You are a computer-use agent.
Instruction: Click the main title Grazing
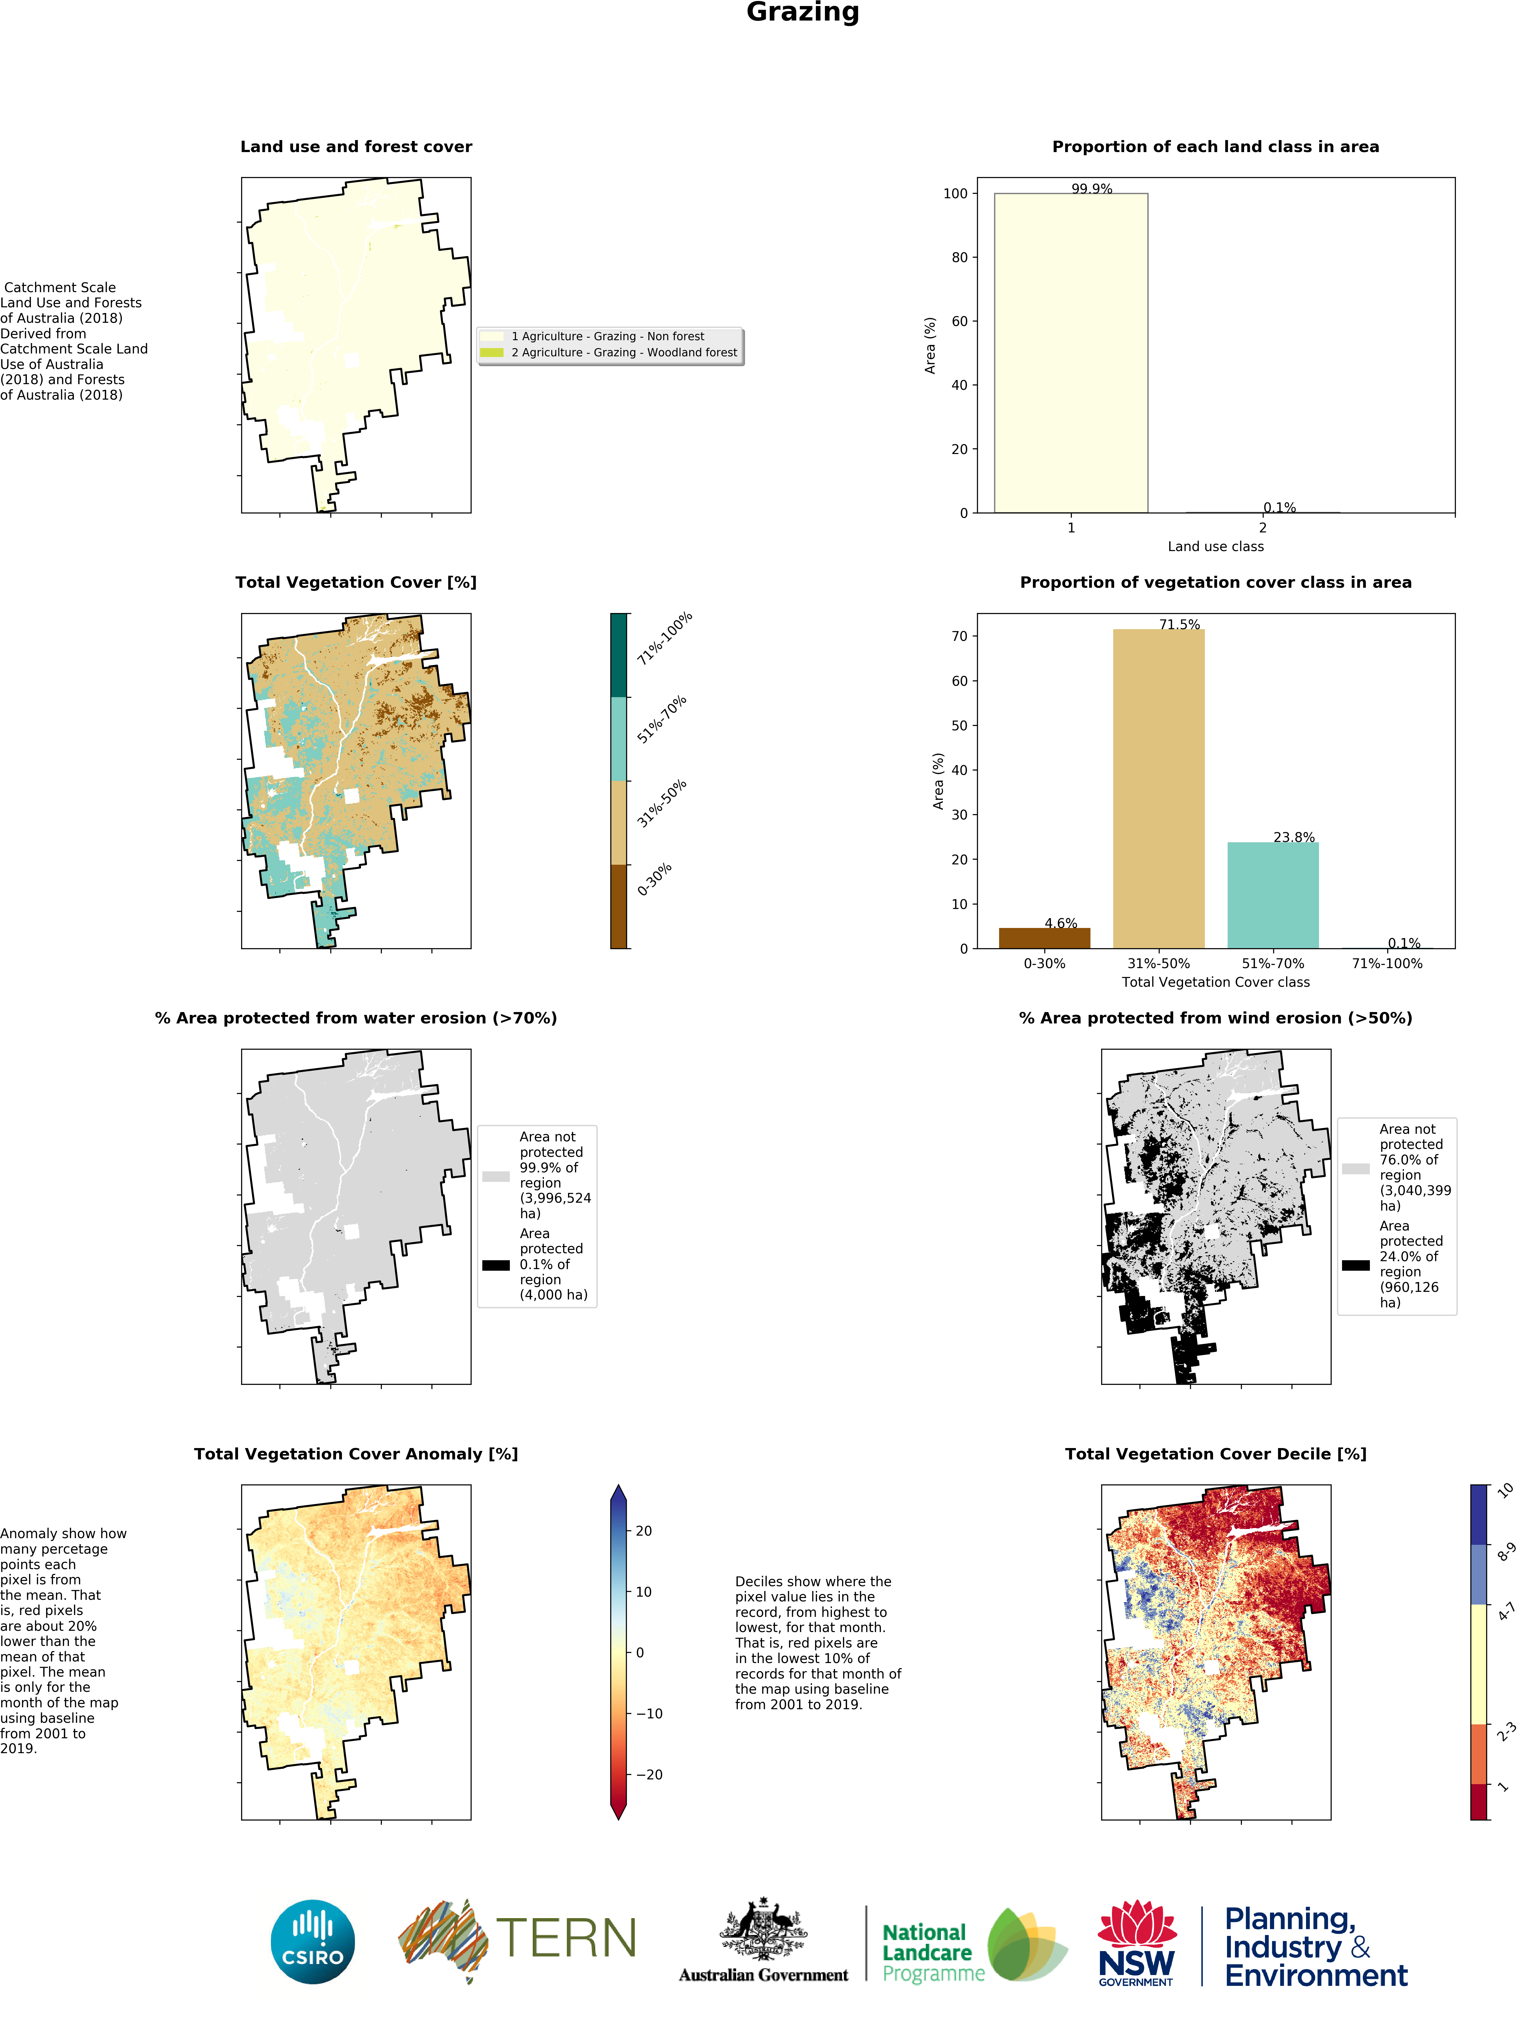[803, 13]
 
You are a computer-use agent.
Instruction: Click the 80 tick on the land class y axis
[959, 258]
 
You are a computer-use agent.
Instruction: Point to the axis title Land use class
[1215, 546]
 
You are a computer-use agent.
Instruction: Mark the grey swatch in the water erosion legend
[496, 1176]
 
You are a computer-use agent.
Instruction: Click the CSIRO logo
[312, 1942]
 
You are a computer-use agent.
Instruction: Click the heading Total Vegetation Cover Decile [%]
[1215, 1454]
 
